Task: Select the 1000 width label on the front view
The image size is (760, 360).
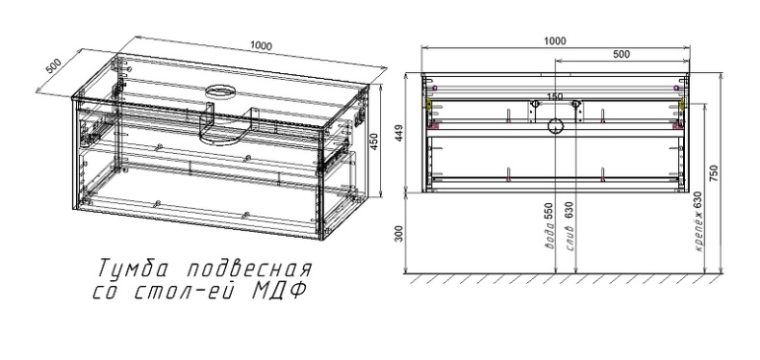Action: (x=555, y=40)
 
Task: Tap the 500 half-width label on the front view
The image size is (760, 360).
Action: (x=621, y=55)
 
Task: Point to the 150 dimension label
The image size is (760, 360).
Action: (x=555, y=96)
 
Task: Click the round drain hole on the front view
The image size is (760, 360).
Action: (x=555, y=125)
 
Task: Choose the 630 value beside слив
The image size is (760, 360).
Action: (x=570, y=209)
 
